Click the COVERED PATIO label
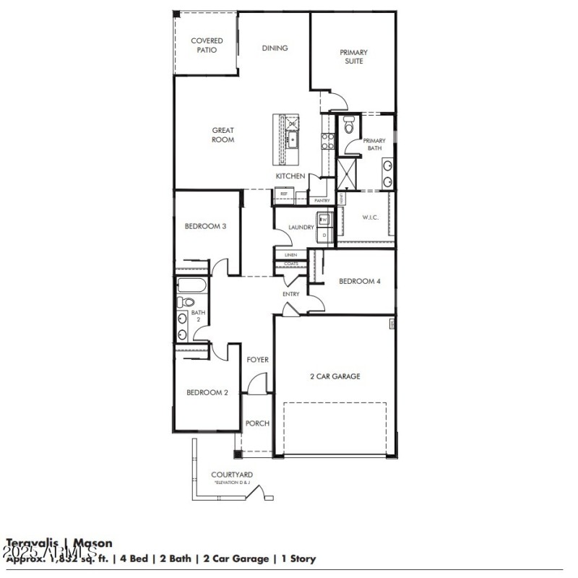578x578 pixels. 207,46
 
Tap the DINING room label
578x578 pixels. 275,48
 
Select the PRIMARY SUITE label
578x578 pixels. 353,56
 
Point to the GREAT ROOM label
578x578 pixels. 223,135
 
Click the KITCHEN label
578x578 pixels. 290,176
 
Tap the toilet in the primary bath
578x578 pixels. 348,127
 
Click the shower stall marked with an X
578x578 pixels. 348,173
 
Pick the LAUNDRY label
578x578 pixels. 301,228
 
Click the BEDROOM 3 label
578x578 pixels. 206,226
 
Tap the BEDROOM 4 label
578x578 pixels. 359,281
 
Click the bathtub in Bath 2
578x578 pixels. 192,285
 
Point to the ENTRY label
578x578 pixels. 290,294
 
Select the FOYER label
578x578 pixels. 258,360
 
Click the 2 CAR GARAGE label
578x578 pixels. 335,376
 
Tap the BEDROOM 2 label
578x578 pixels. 207,392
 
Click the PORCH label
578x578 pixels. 257,423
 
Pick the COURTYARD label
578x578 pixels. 230,475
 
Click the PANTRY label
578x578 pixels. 322,200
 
